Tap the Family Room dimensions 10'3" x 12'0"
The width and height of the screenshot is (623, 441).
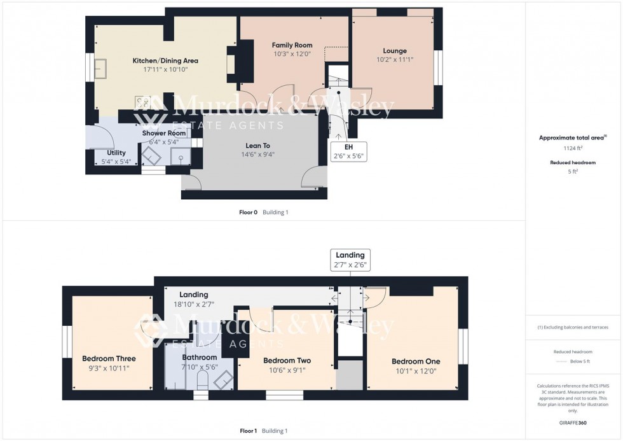[x=292, y=55]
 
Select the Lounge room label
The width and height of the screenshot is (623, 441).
[x=394, y=51]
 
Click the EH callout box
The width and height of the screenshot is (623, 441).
[x=348, y=151]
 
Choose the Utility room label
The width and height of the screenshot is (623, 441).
[x=116, y=153]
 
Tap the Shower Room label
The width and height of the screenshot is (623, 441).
[x=164, y=133]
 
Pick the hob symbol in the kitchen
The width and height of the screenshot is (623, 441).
[x=142, y=102]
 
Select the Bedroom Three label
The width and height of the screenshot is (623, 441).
[x=109, y=359]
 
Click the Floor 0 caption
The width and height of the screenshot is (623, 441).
[x=248, y=213]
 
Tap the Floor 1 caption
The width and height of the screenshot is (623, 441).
[x=248, y=431]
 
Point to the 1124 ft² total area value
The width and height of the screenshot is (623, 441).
[x=573, y=148]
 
